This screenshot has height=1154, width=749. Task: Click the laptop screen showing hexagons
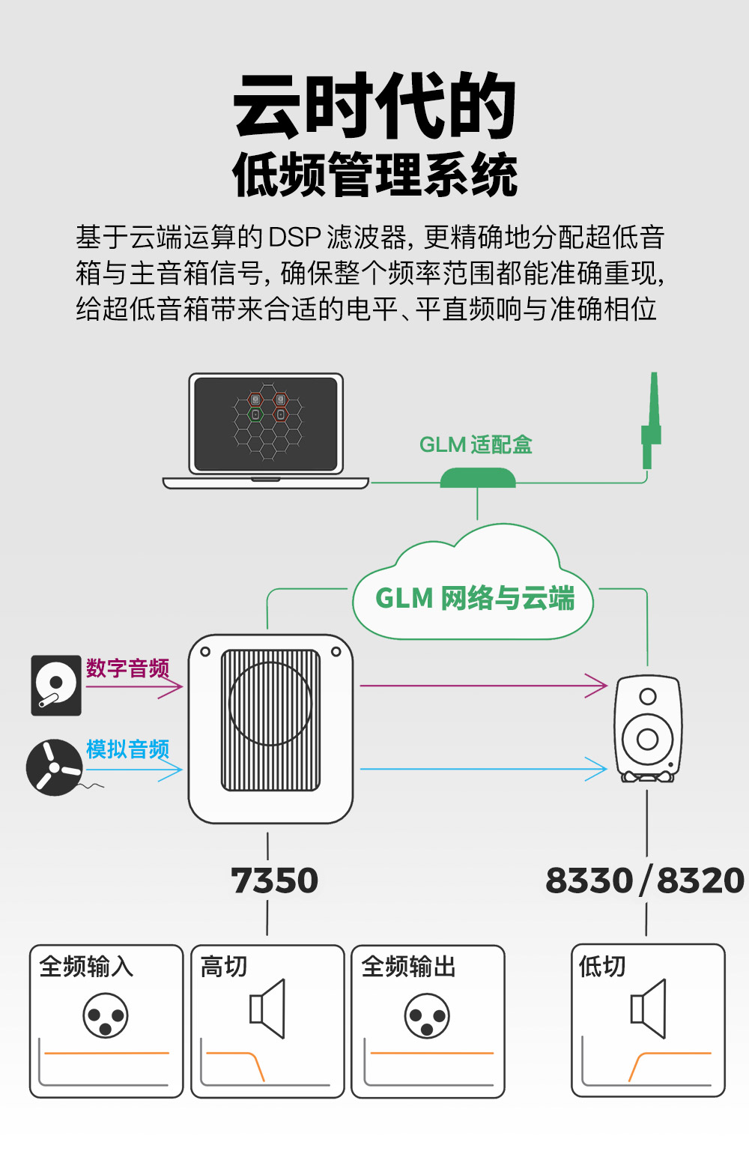(266, 424)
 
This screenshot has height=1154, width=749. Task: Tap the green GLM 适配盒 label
(476, 445)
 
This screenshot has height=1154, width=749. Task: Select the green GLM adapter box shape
(478, 478)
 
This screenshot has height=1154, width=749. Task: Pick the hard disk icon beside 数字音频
(56, 685)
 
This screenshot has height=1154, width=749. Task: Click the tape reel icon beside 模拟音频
(54, 767)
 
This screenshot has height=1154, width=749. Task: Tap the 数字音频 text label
(127, 668)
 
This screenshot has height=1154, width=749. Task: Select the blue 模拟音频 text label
(127, 749)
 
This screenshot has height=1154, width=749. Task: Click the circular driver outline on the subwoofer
(270, 704)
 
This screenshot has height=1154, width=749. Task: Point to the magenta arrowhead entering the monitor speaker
(597, 685)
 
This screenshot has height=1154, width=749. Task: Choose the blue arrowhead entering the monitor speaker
(597, 769)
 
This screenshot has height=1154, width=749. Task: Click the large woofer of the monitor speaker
(648, 739)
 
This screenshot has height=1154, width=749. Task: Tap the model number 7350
(274, 880)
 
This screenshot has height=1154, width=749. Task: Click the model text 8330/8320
(644, 880)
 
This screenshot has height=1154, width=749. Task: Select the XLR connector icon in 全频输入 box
(106, 1016)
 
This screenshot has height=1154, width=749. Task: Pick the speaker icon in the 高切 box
(268, 1009)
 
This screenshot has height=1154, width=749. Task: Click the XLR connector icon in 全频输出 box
(427, 1017)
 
